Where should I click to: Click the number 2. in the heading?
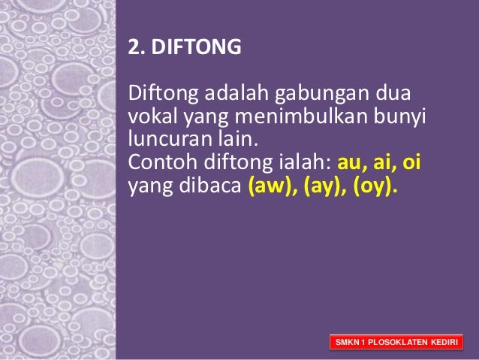pos(137,48)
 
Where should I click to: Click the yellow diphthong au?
pos(351,162)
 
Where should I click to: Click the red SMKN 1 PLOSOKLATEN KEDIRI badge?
pos(396,343)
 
